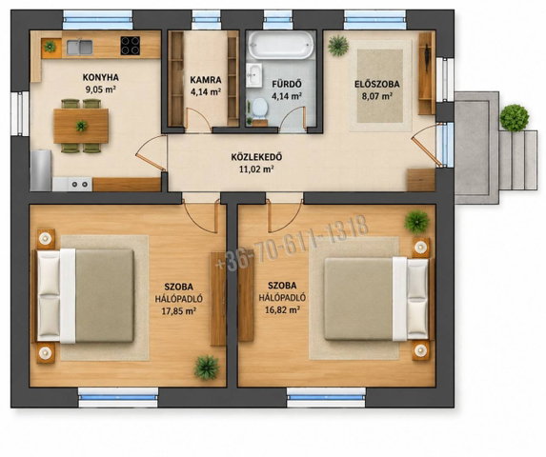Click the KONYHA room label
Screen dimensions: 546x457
tap(101, 77)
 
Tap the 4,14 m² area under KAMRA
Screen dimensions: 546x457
tap(206, 92)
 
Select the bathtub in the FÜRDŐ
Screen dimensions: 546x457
tap(281, 45)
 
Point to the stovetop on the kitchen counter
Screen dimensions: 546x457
tap(131, 46)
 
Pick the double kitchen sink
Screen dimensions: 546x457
tap(80, 48)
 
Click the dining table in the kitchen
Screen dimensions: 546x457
tap(81, 126)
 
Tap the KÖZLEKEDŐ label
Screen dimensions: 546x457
tap(256, 157)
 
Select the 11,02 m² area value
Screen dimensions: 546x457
tap(256, 169)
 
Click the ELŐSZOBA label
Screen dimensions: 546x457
tap(377, 84)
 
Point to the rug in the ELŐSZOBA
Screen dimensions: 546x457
tap(380, 86)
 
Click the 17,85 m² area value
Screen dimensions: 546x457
tap(178, 311)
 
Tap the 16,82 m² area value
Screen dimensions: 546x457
tap(282, 309)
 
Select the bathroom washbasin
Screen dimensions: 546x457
tap(253, 74)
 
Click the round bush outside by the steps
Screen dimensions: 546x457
tap(515, 117)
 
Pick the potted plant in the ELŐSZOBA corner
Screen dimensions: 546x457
tap(338, 46)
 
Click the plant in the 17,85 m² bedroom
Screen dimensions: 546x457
tap(207, 368)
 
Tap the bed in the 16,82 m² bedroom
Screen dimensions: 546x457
tap(376, 299)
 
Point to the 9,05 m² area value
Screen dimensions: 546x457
tap(101, 89)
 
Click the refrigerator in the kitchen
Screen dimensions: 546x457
tap(41, 170)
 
